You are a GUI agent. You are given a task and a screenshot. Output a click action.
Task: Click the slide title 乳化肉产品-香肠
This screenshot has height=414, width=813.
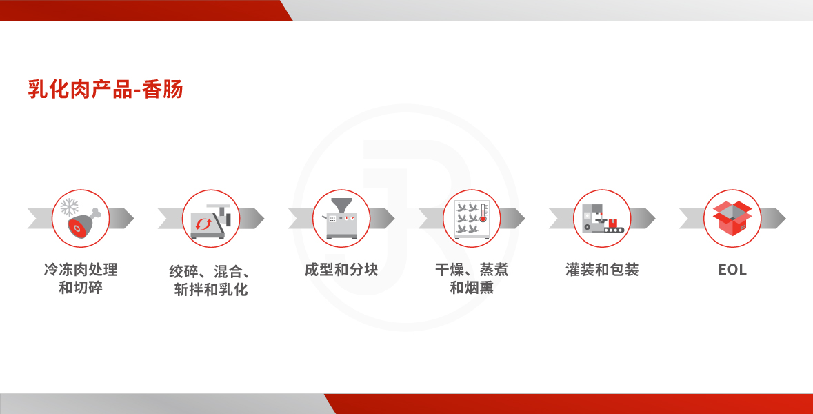point(106,89)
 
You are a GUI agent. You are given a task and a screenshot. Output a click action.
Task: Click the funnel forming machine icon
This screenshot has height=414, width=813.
point(341,219)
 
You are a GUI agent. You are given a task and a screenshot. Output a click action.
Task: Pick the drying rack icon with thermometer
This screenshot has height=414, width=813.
point(472,219)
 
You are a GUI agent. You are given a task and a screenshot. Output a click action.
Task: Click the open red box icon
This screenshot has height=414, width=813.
point(732,219)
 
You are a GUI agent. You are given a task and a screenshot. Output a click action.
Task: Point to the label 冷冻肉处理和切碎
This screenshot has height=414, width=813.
point(81,279)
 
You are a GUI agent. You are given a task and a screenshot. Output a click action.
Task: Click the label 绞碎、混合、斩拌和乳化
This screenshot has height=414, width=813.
point(211,281)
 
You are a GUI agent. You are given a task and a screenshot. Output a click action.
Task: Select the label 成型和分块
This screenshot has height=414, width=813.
point(341,270)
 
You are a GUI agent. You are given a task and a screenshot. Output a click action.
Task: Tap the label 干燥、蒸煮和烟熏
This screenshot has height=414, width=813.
point(472,279)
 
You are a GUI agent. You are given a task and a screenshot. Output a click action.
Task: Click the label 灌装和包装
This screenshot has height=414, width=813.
point(602,270)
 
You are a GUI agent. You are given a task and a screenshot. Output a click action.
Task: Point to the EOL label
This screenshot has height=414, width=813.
point(732,270)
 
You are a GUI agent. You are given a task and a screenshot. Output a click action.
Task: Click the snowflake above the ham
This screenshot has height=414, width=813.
point(70,208)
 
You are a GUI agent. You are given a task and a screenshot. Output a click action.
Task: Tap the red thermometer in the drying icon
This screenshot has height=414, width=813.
point(483,213)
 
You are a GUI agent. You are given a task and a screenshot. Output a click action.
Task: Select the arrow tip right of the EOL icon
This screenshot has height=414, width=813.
point(785,219)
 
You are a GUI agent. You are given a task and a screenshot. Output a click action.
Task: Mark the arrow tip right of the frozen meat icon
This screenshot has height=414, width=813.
point(133,219)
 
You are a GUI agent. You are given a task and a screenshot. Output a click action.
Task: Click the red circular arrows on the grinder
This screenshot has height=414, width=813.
point(203,224)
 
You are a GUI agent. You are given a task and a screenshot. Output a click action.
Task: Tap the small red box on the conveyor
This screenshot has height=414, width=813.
point(614,224)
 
